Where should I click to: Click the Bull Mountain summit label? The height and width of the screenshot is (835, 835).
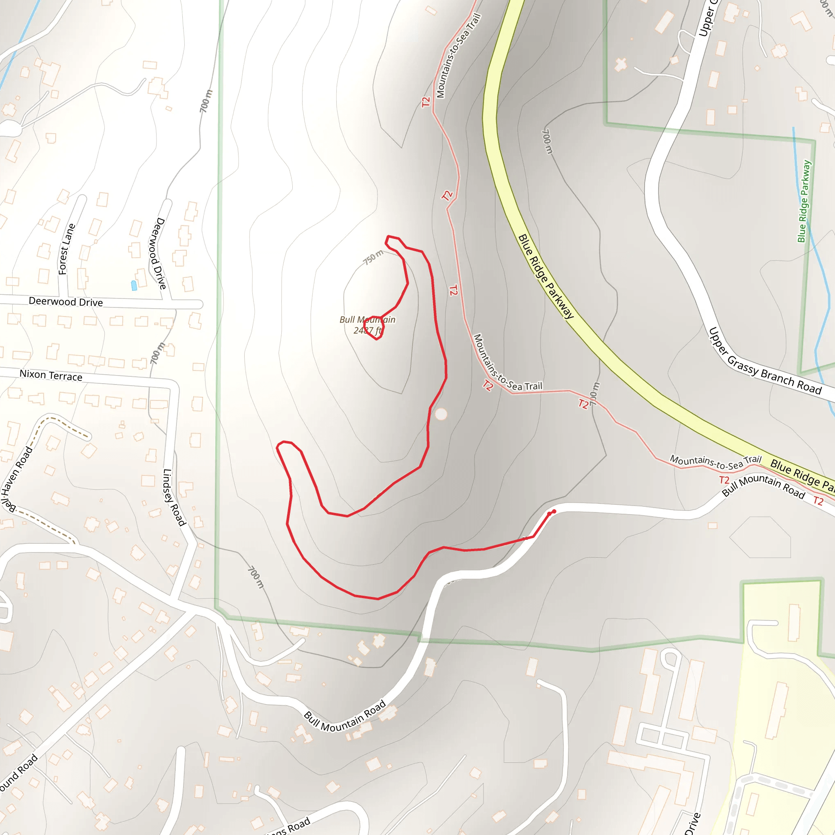(x=367, y=325)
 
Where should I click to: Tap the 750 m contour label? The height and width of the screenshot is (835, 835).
(x=373, y=257)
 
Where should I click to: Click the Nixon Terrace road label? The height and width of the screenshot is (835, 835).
(x=51, y=375)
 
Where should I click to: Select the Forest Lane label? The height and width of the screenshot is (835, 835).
(x=66, y=249)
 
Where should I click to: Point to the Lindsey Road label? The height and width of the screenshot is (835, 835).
(x=174, y=497)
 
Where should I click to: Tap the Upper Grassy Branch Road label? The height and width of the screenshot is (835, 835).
(x=765, y=361)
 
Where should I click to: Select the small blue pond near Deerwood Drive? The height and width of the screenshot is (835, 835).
(x=134, y=285)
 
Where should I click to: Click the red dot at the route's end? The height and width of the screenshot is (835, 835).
(x=554, y=511)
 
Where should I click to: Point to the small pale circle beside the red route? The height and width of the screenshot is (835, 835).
(x=441, y=414)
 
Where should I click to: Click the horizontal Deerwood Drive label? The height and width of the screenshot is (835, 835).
(x=66, y=302)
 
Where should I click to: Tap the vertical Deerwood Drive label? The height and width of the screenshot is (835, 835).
(x=158, y=253)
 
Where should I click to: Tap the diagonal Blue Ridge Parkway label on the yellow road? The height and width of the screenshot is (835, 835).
(x=546, y=276)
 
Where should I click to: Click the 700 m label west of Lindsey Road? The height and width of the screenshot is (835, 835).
(x=157, y=353)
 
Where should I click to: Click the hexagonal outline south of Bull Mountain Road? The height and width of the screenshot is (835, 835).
(x=760, y=537)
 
